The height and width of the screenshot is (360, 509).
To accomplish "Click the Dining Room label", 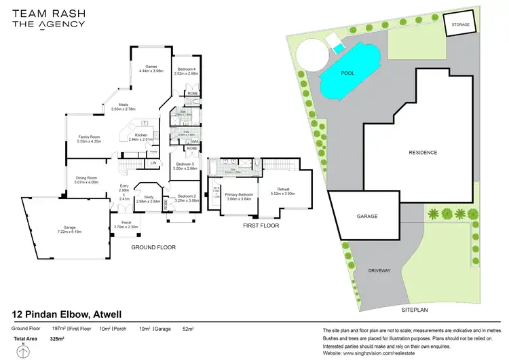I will pyautogui.click(x=87, y=180).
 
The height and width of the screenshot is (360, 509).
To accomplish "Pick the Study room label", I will pyautogui.click(x=149, y=199).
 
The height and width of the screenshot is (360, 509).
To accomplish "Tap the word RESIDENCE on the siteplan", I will pyautogui.click(x=422, y=153).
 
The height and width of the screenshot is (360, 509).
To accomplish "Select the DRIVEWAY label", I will pyautogui.click(x=379, y=270).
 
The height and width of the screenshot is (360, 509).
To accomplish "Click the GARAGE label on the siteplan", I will pyautogui.click(x=367, y=217).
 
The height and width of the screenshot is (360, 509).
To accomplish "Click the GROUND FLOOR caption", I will pyautogui.click(x=153, y=247).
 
